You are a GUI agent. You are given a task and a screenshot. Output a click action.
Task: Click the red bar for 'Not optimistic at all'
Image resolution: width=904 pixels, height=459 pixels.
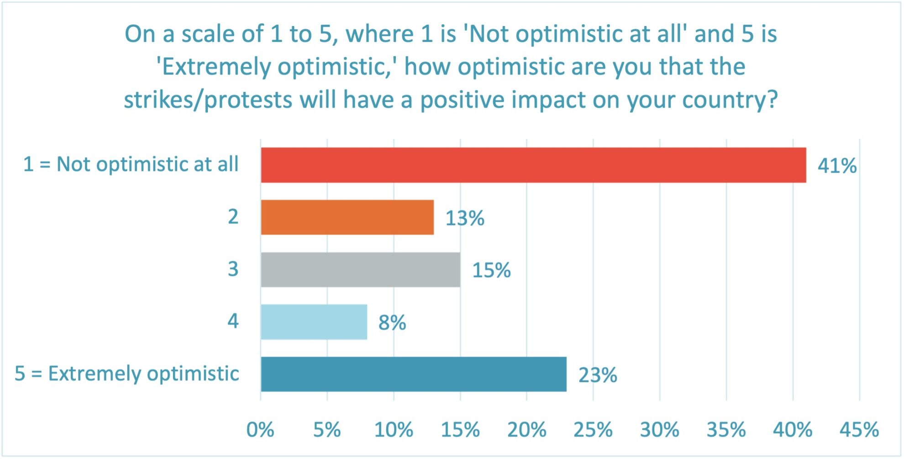pos(533,165)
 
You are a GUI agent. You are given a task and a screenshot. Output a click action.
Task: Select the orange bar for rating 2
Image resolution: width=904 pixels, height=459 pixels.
pos(347,217)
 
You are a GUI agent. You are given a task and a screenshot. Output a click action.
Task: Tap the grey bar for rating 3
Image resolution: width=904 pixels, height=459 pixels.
pos(360,269)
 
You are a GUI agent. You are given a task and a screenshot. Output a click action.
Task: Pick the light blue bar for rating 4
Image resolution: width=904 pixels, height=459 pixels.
pos(314,322)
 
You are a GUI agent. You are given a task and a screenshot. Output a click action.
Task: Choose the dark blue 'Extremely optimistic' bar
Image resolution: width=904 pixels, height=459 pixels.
pos(413,374)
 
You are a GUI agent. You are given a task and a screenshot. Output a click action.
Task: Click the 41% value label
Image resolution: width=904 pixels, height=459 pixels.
pos(837,166)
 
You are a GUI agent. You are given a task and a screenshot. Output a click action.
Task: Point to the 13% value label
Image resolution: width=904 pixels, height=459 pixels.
pos(464,218)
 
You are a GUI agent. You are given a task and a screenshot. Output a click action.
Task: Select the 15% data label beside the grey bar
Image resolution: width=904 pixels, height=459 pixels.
pos(491,270)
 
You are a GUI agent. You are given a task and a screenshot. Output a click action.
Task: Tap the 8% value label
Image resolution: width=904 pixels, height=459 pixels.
pos(392,323)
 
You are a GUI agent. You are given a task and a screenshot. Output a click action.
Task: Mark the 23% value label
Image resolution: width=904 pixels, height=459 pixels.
pos(597,375)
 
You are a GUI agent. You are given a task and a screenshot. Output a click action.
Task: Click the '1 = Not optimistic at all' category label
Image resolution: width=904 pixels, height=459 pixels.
pos(131,164)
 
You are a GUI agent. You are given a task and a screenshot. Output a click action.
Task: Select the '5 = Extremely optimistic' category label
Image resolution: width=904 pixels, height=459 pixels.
pos(127,374)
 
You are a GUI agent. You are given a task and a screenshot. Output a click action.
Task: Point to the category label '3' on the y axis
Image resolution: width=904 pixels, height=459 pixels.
pos(233,269)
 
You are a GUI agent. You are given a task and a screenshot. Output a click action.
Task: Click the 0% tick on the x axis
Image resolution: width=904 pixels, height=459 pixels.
pos(260,430)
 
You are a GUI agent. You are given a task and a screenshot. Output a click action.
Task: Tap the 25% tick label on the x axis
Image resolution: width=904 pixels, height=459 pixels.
pos(593,430)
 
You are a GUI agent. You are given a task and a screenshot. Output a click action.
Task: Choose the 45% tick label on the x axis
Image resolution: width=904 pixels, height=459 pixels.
pos(859,430)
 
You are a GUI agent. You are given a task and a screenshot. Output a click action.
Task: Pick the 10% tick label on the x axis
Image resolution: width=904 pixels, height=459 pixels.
pos(394,430)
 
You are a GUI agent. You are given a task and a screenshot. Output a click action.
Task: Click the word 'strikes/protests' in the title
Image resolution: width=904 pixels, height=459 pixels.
pos(208,100)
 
